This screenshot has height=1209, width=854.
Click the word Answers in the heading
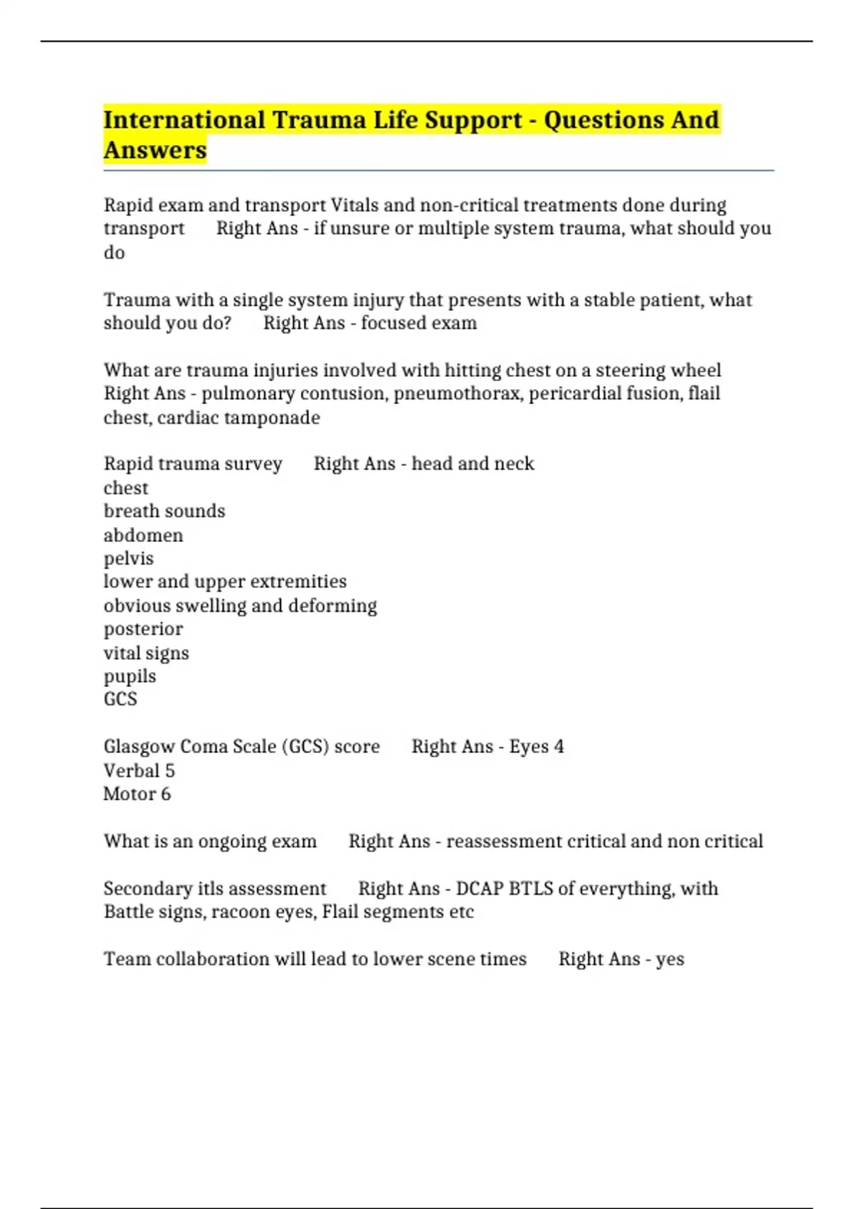[x=154, y=150]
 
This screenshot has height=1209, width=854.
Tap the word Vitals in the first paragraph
[x=354, y=205]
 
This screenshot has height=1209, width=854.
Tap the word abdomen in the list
[x=143, y=535]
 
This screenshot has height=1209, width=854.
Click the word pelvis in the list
[x=128, y=558]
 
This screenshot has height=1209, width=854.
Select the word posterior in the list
[x=143, y=629]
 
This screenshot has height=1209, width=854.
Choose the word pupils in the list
[x=130, y=676]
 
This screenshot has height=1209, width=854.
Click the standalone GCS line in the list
[x=120, y=699]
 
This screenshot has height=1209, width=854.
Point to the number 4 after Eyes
[x=559, y=747]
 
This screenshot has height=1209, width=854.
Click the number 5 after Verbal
[x=169, y=771]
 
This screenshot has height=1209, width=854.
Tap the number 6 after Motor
[x=166, y=794]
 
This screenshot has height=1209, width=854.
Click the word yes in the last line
[x=670, y=959]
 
